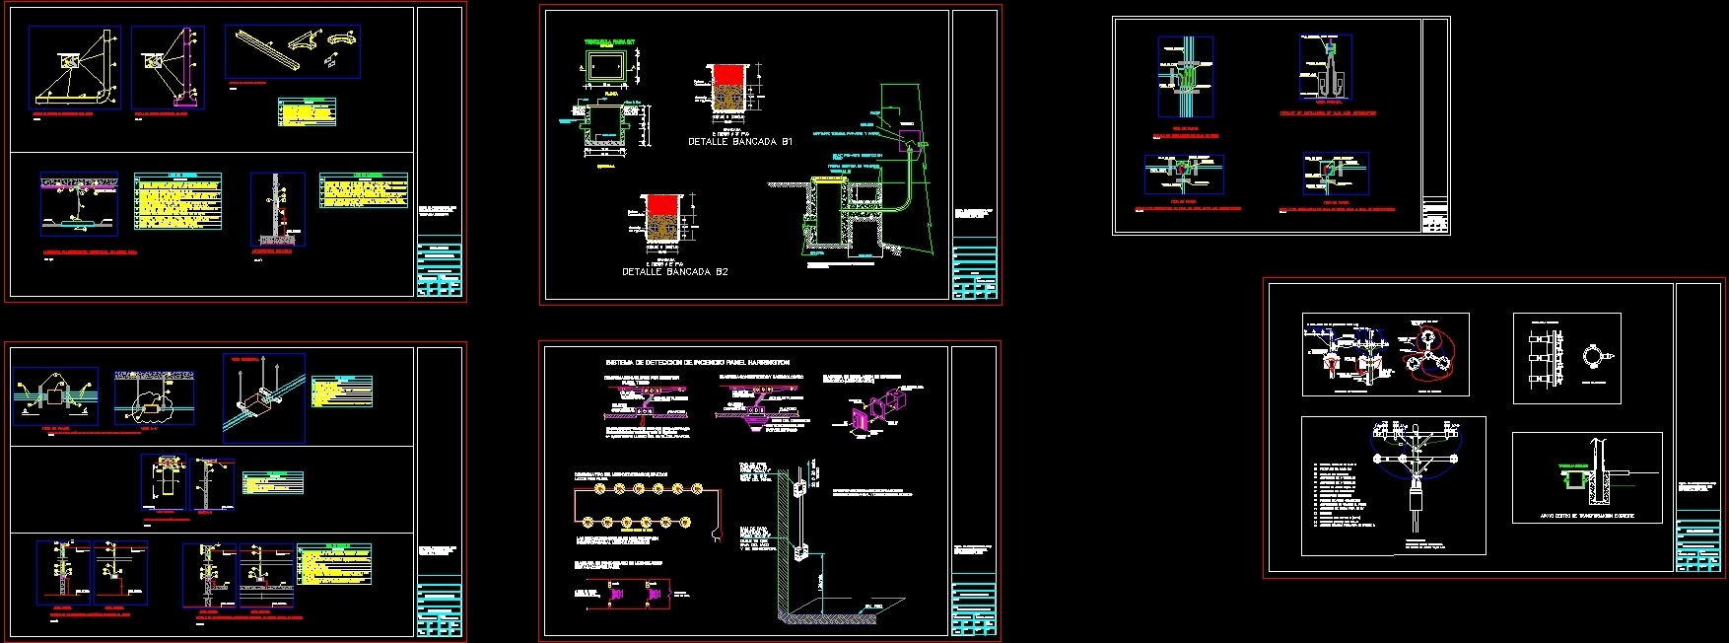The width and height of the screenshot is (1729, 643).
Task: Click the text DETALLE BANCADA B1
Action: pyautogui.click(x=739, y=142)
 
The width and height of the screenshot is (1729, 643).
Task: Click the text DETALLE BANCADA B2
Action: pyautogui.click(x=674, y=271)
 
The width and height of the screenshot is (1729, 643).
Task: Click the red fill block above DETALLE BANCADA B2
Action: pyautogui.click(x=661, y=204)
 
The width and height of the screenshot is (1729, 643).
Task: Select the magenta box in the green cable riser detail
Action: pyautogui.click(x=909, y=139)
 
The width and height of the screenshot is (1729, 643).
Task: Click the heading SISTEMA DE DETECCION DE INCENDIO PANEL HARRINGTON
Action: pyautogui.click(x=697, y=363)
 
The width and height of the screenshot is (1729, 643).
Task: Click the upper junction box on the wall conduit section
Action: pyautogui.click(x=800, y=485)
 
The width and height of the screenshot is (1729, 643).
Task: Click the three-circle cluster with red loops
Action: pyautogui.click(x=1429, y=357)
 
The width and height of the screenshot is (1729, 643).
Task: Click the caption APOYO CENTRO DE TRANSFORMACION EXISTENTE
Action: pyautogui.click(x=1586, y=516)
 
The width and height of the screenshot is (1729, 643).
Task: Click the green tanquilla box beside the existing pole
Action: pyautogui.click(x=1571, y=480)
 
